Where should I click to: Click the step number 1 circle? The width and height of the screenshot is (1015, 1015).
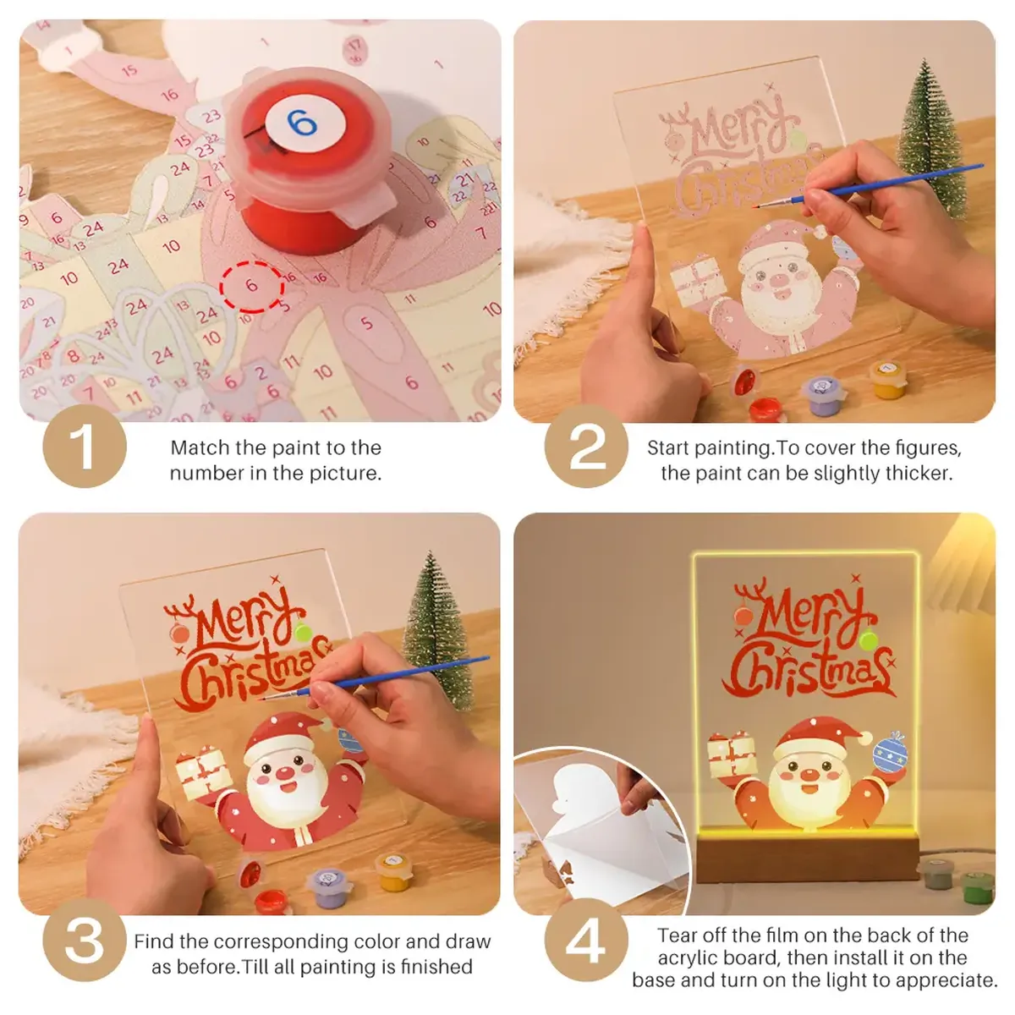(85, 446)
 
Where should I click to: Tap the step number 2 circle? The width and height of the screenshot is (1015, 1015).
(586, 446)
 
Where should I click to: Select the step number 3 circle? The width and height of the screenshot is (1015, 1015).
(85, 940)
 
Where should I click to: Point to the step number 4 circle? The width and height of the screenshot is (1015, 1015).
(586, 940)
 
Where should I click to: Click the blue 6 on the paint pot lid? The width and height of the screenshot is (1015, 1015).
(301, 123)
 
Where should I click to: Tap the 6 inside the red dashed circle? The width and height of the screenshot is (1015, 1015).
(251, 286)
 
